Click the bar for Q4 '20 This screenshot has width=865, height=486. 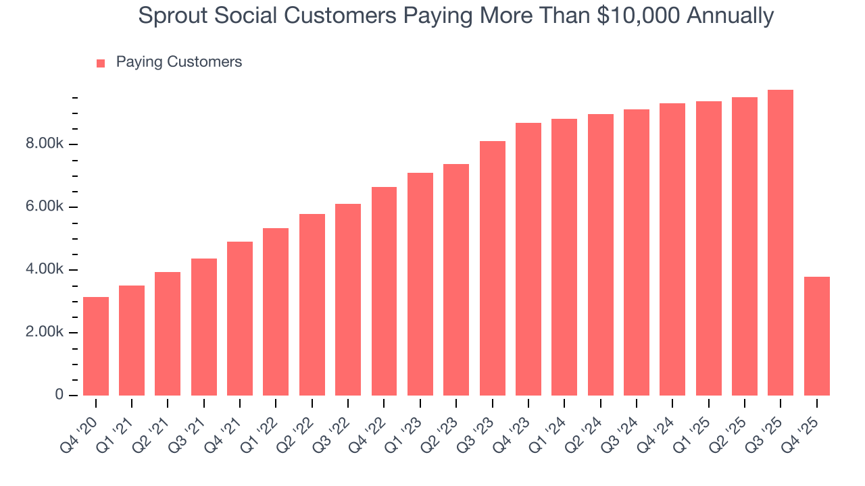tap(96, 346)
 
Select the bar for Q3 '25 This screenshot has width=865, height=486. tap(781, 243)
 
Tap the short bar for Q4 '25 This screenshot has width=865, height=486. tap(816, 336)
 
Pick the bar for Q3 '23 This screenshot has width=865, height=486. tap(493, 269)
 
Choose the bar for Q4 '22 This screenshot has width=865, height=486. tap(385, 292)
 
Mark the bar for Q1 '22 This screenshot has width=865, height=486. tap(276, 312)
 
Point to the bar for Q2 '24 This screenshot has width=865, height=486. tap(601, 255)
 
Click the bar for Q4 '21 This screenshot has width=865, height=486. tap(240, 319)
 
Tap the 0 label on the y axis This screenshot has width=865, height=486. tap(59, 396)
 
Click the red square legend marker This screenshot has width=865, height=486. tap(101, 63)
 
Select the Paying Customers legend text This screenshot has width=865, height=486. tap(178, 62)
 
